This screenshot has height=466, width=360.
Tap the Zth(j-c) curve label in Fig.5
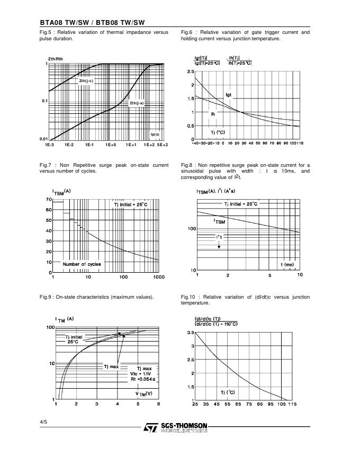pyautogui.click(x=86, y=81)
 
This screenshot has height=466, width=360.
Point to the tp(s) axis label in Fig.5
pyautogui.click(x=155, y=135)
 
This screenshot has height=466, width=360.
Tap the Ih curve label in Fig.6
pyautogui.click(x=213, y=113)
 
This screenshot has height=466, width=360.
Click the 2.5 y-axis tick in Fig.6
pyautogui.click(x=191, y=71)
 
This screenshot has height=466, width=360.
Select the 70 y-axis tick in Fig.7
pyautogui.click(x=49, y=200)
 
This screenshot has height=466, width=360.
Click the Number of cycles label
pyautogui.click(x=82, y=264)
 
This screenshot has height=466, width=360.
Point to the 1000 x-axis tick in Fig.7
pyautogui.click(x=159, y=276)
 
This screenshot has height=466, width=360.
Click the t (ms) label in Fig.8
pyautogui.click(x=287, y=264)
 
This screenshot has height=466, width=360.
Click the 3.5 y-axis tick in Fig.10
pyautogui.click(x=191, y=333)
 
